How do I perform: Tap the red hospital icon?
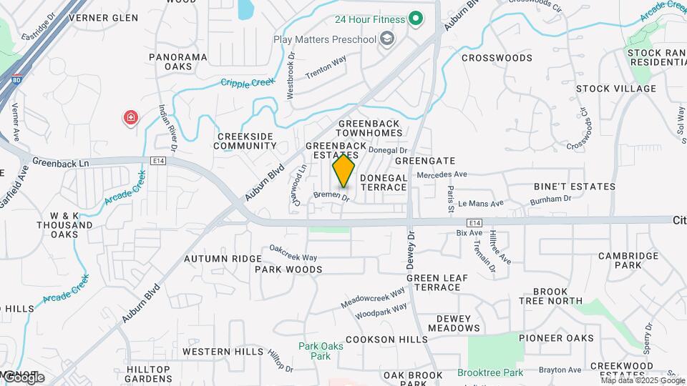click(x=131, y=117)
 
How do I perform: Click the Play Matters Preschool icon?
click(x=387, y=39)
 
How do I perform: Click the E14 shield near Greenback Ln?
click(x=159, y=162)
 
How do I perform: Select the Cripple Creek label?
click(x=248, y=83)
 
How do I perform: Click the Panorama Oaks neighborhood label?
click(x=178, y=61)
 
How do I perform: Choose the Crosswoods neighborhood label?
click(x=497, y=57)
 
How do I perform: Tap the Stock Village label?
click(x=615, y=89)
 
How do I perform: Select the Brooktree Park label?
click(x=490, y=372)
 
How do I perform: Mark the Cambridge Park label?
click(x=629, y=260)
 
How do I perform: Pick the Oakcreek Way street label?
click(x=293, y=252)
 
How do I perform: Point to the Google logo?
click(x=23, y=377)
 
